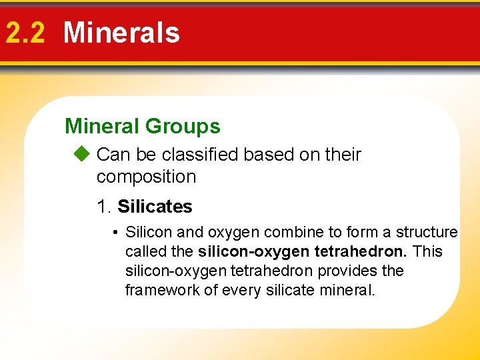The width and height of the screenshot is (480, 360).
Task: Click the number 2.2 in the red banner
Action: tap(25, 33)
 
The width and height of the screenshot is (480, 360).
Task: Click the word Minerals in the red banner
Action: tap(121, 33)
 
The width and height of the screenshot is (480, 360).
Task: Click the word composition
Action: tap(146, 177)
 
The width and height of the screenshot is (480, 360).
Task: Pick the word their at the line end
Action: tap(343, 155)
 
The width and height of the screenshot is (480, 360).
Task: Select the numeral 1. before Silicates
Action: tap(104, 207)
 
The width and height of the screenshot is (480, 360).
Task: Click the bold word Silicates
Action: tap(155, 207)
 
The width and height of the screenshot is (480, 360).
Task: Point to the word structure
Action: tap(427, 232)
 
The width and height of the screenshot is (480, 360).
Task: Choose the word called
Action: tap(145, 251)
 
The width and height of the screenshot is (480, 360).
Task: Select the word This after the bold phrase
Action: tap(427, 251)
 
